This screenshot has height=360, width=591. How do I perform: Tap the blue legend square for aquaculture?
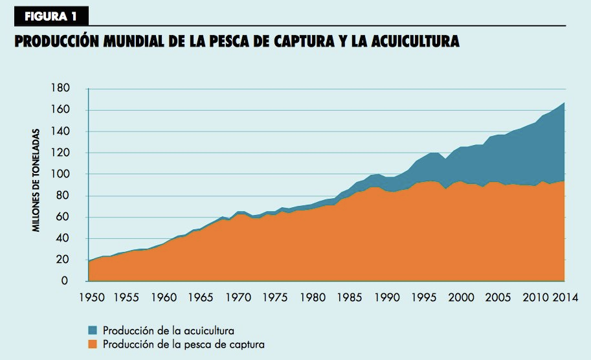(x=92, y=332)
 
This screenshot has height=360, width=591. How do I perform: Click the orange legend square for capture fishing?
(x=92, y=344)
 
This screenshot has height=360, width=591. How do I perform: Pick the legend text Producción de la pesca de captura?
(x=183, y=344)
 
